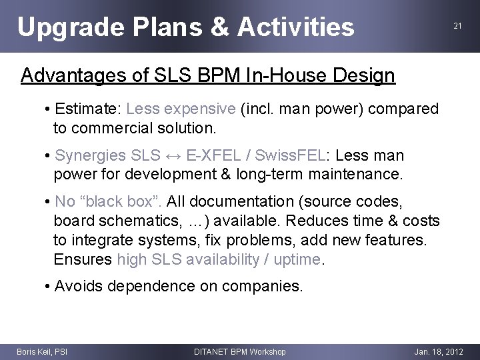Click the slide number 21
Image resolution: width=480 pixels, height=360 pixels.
click(457, 26)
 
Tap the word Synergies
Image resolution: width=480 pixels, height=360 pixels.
click(90, 156)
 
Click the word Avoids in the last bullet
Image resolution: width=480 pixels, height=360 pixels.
click(79, 287)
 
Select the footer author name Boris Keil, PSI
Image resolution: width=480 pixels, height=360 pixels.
click(42, 351)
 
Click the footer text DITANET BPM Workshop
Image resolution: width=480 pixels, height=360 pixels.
click(239, 351)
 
